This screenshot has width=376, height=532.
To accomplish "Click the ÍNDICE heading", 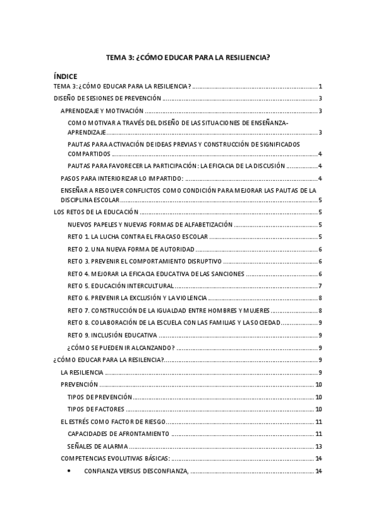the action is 66,77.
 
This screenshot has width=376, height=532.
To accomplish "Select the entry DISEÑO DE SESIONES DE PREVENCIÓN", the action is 108,98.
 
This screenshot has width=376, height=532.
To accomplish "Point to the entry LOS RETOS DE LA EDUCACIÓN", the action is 96,212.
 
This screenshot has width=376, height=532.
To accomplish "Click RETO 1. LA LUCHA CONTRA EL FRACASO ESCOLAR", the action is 137,237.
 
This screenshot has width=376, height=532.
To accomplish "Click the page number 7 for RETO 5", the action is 320,286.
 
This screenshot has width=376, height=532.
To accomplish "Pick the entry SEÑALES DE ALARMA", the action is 98,446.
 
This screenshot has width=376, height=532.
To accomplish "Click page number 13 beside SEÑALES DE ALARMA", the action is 319,446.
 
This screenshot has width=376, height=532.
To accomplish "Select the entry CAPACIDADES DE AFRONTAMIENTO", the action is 118,434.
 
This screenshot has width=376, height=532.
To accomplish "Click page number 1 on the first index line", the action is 320,86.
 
